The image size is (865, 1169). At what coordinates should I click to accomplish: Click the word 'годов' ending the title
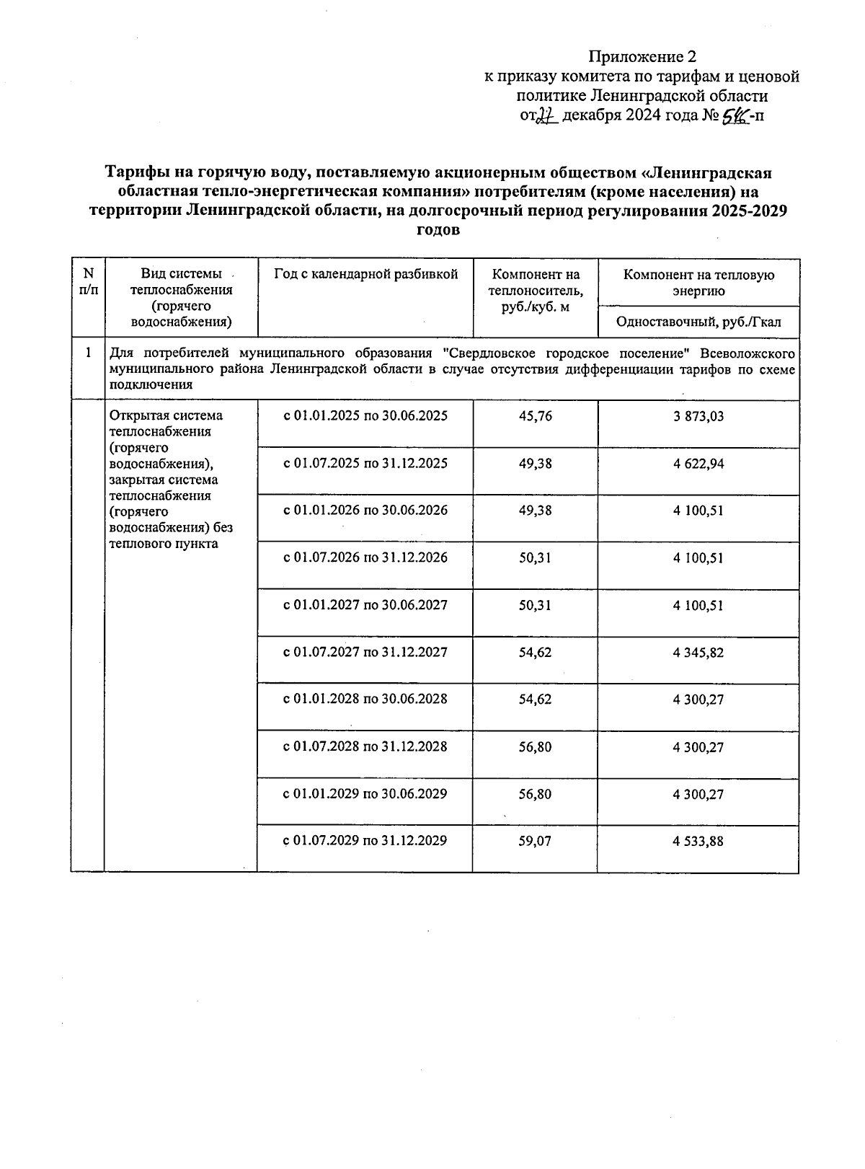[x=438, y=231]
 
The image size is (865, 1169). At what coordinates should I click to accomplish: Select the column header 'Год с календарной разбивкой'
[x=365, y=274]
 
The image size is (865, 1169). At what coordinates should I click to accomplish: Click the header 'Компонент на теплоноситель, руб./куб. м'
[x=535, y=291]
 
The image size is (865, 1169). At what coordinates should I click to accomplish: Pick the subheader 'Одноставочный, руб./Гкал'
[x=698, y=322]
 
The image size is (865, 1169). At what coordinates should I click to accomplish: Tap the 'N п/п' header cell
[x=88, y=282]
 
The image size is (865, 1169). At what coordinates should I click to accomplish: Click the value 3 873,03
[x=698, y=417]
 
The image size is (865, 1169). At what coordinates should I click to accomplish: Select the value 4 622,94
[x=698, y=464]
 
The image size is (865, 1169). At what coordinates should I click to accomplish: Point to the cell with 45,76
[x=535, y=416]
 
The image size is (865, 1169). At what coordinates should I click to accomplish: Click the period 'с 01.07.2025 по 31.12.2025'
[x=365, y=463]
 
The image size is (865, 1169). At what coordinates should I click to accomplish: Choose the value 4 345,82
[x=698, y=653]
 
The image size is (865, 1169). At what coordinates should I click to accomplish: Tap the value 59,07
[x=535, y=841]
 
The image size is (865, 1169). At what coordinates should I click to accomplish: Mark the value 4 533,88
[x=698, y=842]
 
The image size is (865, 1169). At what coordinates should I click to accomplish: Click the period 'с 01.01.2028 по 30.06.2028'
[x=365, y=699]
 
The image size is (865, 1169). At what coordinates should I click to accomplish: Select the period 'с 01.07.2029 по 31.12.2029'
[x=365, y=840]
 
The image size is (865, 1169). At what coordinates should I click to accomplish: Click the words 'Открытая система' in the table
[x=165, y=415]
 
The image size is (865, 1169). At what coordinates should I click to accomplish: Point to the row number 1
[x=88, y=353]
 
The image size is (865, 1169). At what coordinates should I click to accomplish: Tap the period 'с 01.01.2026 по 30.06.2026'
[x=365, y=510]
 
